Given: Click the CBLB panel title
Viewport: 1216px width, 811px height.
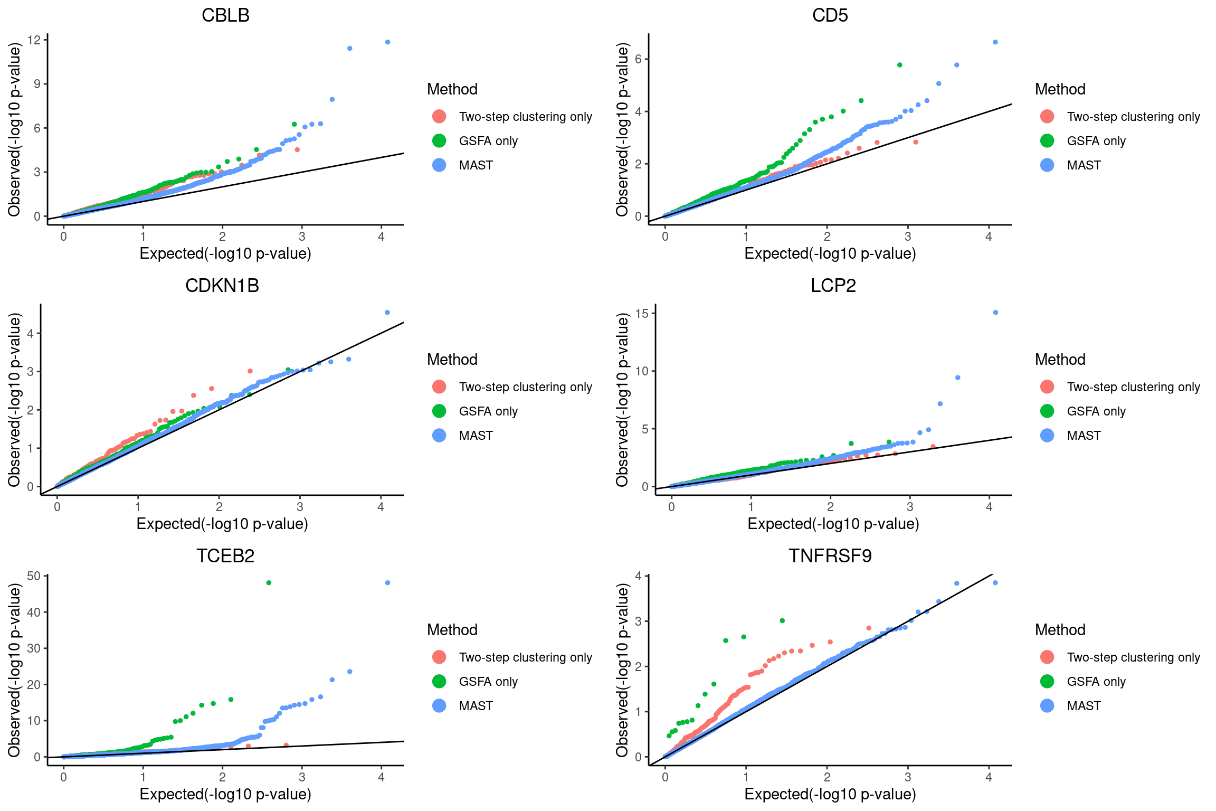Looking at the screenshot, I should (x=225, y=15).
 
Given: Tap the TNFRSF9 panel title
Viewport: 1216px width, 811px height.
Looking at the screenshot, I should (x=830, y=556).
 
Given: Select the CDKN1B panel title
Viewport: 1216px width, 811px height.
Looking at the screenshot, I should (x=222, y=286).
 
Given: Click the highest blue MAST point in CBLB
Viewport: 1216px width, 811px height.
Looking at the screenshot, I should (x=388, y=42).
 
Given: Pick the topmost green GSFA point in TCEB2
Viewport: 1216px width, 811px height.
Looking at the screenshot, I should (x=269, y=583).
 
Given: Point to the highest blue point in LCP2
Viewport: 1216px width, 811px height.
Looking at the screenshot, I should (x=995, y=313).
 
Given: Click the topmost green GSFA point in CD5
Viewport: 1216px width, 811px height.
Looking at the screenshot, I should (x=900, y=65).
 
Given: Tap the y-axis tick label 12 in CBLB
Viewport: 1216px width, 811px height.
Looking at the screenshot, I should (x=34, y=40).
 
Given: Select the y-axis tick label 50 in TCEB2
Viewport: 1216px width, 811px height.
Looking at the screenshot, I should (x=34, y=576).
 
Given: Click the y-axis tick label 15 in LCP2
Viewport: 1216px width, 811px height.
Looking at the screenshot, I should (x=642, y=314).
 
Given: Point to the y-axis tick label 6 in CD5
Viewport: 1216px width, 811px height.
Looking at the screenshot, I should (x=638, y=59).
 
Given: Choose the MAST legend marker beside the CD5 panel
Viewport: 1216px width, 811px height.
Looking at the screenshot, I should (x=1047, y=165).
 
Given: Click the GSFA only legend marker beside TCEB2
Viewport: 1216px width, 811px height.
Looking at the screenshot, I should (x=439, y=682).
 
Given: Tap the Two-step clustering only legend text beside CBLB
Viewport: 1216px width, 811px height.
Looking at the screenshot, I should (x=525, y=117).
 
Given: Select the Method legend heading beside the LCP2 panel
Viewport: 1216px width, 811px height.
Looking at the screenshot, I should (x=1060, y=360).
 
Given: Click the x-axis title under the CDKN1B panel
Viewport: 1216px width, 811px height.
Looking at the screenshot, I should (x=222, y=524).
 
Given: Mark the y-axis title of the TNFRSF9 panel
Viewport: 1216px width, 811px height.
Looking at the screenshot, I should (x=623, y=670).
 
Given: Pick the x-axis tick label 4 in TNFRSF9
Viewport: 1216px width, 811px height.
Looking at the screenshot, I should (x=989, y=777).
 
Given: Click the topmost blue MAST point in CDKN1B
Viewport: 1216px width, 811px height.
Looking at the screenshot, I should (x=387, y=313).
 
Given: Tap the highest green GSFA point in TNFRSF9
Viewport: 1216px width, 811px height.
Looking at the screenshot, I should (x=782, y=620).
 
